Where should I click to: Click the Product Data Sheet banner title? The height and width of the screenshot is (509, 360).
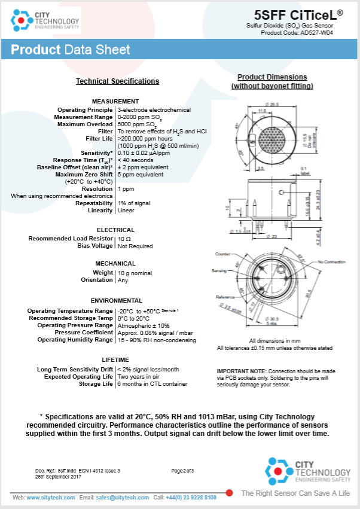pos(71,50)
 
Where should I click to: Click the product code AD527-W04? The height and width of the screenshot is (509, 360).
pos(325,32)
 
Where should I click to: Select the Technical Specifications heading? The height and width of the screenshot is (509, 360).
pos(117,81)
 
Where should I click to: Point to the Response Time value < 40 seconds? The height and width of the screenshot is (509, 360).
pos(135,160)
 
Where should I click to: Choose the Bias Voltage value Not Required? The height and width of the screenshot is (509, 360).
pos(135,246)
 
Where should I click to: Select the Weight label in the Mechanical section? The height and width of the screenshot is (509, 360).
pos(103,273)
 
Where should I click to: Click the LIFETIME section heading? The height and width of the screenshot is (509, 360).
pos(115,359)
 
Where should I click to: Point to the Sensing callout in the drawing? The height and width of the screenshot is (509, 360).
pos(219,271)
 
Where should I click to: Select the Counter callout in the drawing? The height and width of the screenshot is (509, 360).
pos(223,254)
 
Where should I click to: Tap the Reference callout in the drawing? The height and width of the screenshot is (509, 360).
pos(225,297)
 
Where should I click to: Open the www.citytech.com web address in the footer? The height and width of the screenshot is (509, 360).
pos(52,498)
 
